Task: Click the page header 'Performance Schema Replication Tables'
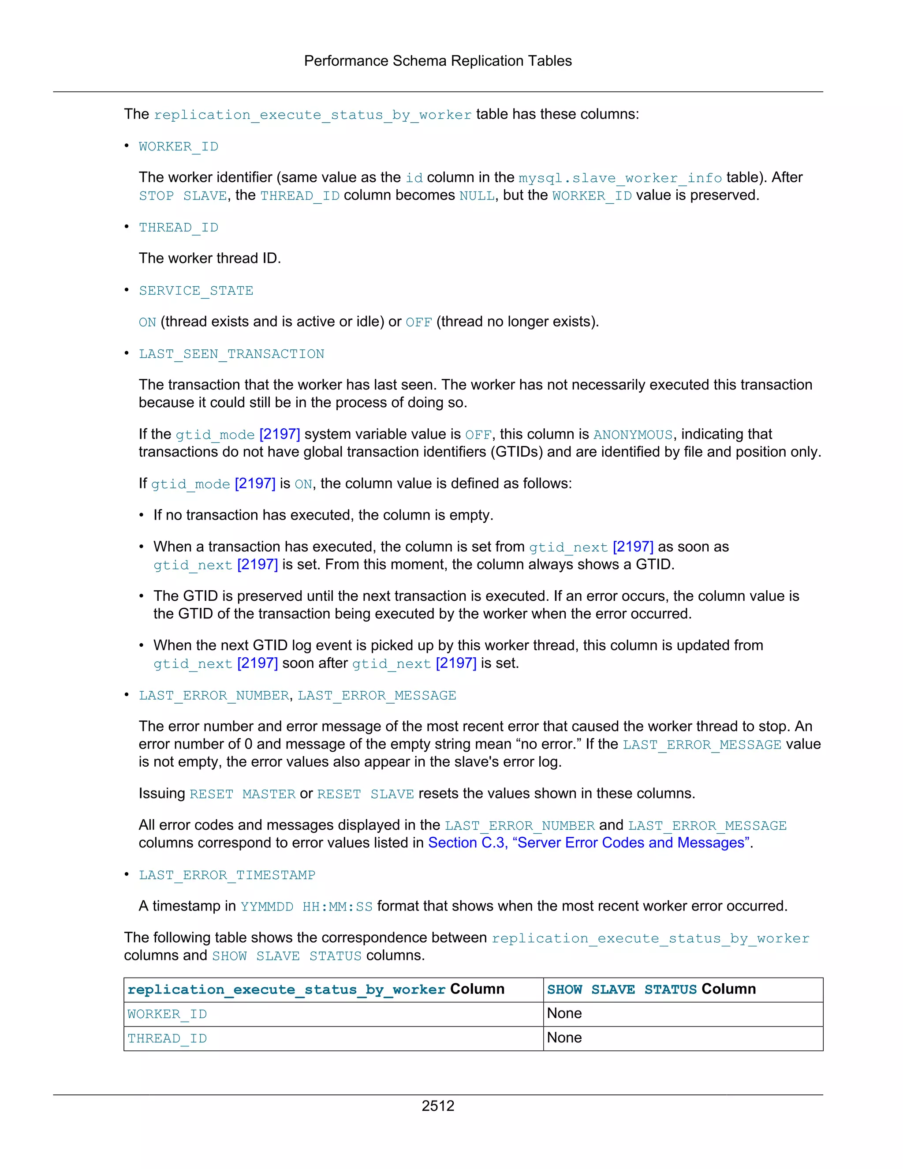[437, 61]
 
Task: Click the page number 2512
[437, 1105]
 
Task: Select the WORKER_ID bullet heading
[178, 146]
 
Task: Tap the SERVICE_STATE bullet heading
[196, 291]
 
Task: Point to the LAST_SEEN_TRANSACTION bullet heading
[231, 354]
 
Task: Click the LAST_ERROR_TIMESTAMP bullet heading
[227, 875]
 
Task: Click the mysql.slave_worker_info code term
[620, 178]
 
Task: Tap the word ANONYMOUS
[632, 435]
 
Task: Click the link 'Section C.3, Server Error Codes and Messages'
[589, 843]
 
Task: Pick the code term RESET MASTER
[243, 794]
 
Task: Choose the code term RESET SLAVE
[366, 794]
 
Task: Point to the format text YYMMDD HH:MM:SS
[306, 906]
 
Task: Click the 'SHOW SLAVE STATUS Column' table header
[651, 989]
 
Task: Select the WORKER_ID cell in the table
[167, 1014]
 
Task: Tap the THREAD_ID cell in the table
[167, 1038]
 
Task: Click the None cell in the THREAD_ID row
[564, 1038]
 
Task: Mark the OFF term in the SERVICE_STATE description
[418, 322]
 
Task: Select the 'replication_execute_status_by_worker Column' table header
[316, 989]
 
